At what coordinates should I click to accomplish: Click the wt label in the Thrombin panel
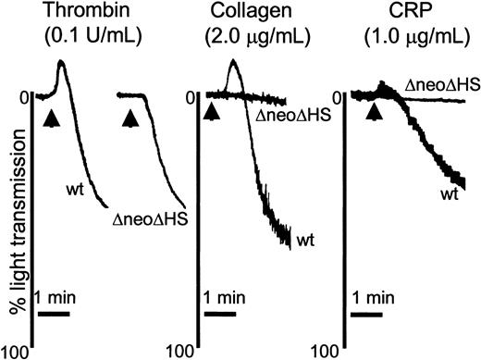click(76, 191)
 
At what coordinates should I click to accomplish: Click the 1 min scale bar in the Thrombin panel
click(54, 313)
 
